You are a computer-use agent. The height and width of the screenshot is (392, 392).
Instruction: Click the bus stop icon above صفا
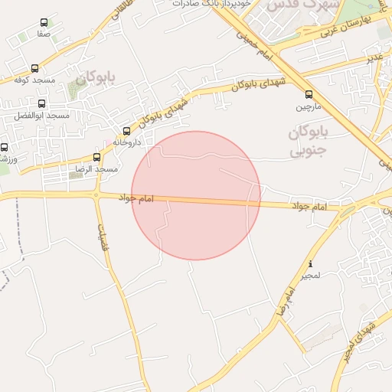tap(44, 23)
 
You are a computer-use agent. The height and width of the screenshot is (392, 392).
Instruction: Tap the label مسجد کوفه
tap(32, 80)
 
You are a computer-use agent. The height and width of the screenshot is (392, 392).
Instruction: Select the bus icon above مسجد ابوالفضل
tap(41, 103)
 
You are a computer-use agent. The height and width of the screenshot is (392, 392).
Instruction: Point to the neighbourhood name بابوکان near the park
tap(95, 78)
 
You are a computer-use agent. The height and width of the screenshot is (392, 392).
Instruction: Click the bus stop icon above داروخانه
tap(127, 131)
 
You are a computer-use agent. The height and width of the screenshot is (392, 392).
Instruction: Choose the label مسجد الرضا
tap(97, 168)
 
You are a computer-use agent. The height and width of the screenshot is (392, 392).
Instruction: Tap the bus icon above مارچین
tap(309, 95)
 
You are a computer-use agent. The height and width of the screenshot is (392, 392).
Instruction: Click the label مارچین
tap(309, 106)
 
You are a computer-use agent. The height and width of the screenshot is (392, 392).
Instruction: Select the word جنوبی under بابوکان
tap(307, 151)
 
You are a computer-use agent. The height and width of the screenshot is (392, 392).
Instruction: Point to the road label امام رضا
tap(285, 304)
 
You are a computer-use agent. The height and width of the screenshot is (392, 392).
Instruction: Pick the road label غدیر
tap(374, 57)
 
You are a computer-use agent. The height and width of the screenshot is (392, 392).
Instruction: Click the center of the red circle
tap(196, 195)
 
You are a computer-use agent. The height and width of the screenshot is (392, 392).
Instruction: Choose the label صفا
tap(44, 34)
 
